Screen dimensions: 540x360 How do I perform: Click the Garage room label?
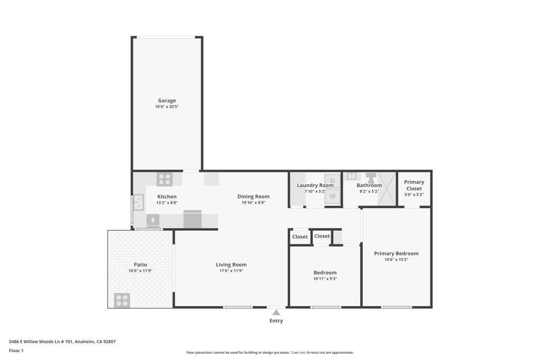(x=167, y=101)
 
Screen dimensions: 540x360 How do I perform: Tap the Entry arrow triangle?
(x=276, y=313)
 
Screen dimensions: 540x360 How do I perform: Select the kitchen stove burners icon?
(x=165, y=179)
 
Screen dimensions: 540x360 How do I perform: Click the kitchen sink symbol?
(x=139, y=202)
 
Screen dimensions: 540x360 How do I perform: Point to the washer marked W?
(x=332, y=196)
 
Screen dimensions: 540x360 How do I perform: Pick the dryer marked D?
(x=332, y=181)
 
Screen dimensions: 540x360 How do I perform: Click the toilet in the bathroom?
(x=371, y=178)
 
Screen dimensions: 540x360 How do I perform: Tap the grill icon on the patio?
(x=122, y=300)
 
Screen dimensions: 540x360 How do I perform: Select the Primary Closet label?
(x=414, y=185)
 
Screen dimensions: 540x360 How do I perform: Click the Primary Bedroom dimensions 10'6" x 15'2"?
(x=396, y=259)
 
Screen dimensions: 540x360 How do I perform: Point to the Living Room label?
(x=231, y=265)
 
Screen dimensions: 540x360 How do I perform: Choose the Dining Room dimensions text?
(x=253, y=203)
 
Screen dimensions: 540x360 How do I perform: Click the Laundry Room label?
(x=315, y=185)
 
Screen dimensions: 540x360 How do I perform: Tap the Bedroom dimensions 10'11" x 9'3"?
(x=325, y=279)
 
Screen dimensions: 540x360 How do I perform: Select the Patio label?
(x=140, y=265)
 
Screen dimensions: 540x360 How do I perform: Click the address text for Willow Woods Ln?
(x=62, y=342)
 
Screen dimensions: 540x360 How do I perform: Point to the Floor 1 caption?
(x=16, y=351)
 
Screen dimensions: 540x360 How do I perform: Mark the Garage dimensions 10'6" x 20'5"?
(x=167, y=106)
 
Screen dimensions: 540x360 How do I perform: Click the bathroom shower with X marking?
(x=387, y=189)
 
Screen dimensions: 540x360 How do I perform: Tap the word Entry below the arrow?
(x=276, y=321)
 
